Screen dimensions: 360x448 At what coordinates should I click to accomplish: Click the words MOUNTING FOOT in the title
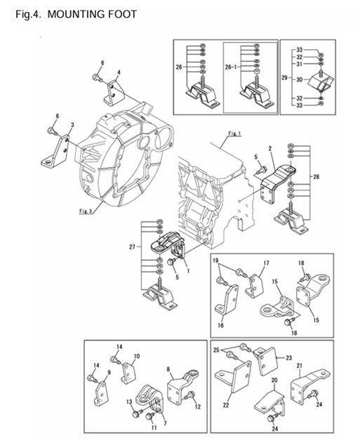pos(92,14)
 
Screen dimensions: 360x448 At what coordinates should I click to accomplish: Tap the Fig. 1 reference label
pos(234,133)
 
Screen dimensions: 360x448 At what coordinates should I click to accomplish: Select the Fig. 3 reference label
pos(86,211)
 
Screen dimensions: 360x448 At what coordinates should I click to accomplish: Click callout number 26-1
pos(231,67)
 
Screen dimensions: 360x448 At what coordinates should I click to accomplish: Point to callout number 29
pos(284,77)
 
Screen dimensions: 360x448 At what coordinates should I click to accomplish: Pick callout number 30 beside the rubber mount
pos(299,80)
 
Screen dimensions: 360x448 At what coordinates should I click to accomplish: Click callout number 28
pos(316,177)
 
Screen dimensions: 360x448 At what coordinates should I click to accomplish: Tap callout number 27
pos(132,246)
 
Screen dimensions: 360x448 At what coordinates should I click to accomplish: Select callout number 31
pos(299,65)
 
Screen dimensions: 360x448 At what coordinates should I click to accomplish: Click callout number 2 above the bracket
pos(269,149)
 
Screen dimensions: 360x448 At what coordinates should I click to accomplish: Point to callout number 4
pos(119,72)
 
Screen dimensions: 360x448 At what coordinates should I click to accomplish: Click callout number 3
pos(72,125)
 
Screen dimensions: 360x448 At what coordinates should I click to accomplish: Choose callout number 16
pos(220,325)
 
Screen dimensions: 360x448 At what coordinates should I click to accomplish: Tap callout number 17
pos(266,263)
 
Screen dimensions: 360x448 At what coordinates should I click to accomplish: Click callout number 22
pos(226,405)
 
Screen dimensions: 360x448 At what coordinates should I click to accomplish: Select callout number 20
pos(274,381)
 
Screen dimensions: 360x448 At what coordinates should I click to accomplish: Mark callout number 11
pos(154,428)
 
